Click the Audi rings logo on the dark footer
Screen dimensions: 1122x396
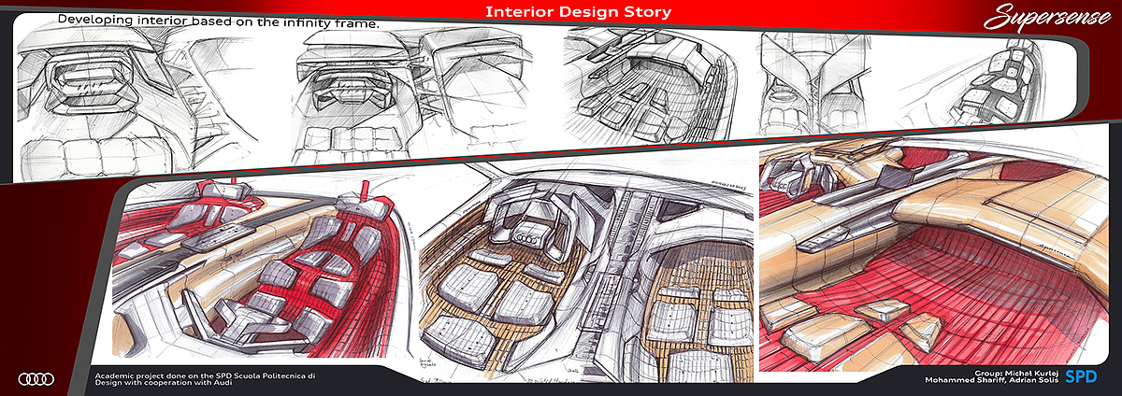tap(36, 378)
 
